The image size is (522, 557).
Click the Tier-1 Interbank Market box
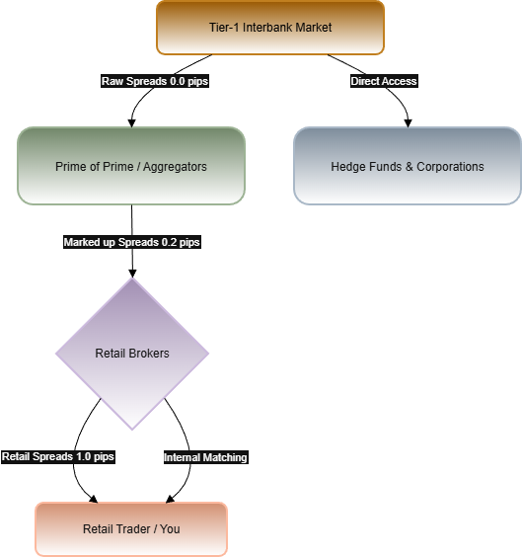click(x=269, y=28)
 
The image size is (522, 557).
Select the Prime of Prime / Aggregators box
click(x=131, y=166)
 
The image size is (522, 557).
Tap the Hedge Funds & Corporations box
click(x=407, y=166)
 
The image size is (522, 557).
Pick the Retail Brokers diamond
click(x=131, y=353)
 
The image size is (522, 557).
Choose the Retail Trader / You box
click(x=131, y=528)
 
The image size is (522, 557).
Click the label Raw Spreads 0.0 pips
click(x=155, y=81)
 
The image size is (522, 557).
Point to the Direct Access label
click(x=384, y=81)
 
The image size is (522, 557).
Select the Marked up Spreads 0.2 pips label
click(x=131, y=242)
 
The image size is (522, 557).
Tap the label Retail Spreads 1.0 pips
click(x=58, y=456)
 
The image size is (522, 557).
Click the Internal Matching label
click(x=205, y=457)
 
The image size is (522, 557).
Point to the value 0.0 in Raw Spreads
click(x=177, y=81)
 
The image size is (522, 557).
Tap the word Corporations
click(x=449, y=167)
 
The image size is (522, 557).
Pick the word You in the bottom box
click(x=170, y=529)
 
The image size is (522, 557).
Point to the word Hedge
click(x=346, y=167)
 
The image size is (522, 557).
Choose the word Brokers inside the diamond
click(x=149, y=354)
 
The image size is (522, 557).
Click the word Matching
click(x=225, y=457)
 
